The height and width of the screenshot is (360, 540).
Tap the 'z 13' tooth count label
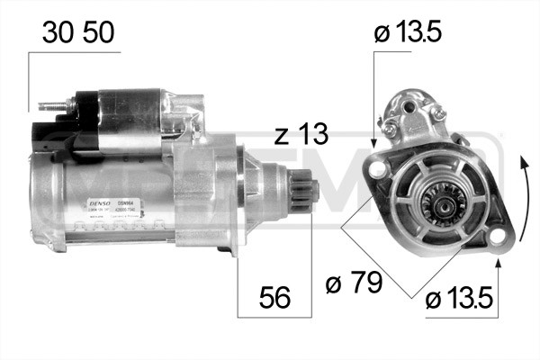pyautogui.click(x=301, y=136)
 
